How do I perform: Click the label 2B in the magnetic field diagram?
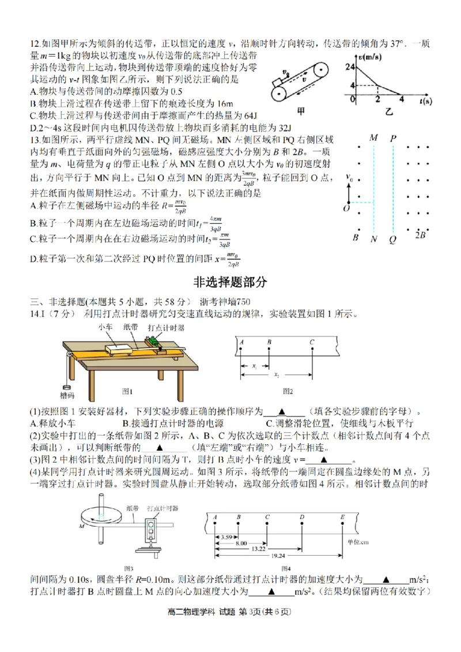tap(420, 235)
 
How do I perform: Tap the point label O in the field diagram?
tap(347, 208)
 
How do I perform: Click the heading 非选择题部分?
tap(230, 282)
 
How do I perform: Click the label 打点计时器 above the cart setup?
tap(166, 327)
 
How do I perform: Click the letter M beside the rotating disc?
tap(82, 527)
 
